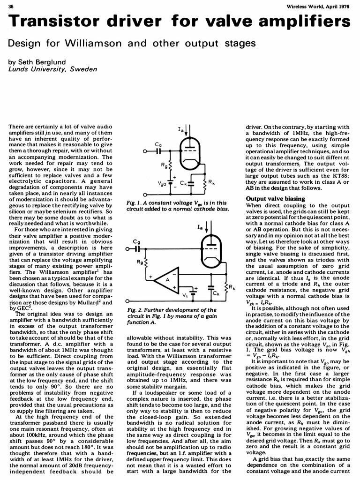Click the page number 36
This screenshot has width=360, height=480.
coord(12,5)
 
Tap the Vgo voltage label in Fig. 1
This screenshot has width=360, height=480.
coord(162,184)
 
